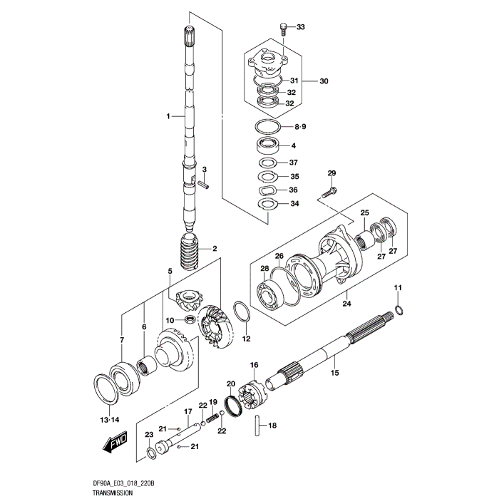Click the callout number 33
tap(300, 27)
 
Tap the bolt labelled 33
tap(284, 29)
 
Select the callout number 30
tap(324, 81)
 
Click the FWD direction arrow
tap(115, 446)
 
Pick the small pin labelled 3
tap(205, 182)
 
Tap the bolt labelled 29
tap(329, 191)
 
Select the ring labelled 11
tap(399, 310)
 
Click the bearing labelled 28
tap(269, 291)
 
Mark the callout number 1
tap(169, 115)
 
